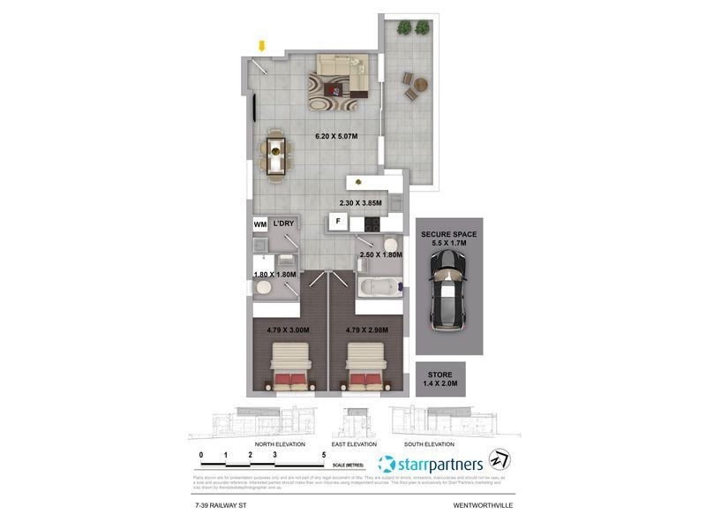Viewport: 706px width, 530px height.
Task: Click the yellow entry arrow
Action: (x=261, y=45)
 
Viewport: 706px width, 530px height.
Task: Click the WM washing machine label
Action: (x=260, y=224)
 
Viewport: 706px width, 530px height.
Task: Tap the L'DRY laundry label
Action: (x=283, y=224)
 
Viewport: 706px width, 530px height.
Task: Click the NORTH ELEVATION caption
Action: (x=280, y=443)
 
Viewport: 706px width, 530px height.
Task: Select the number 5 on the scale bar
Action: (x=324, y=457)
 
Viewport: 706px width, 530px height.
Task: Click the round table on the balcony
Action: (x=421, y=85)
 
